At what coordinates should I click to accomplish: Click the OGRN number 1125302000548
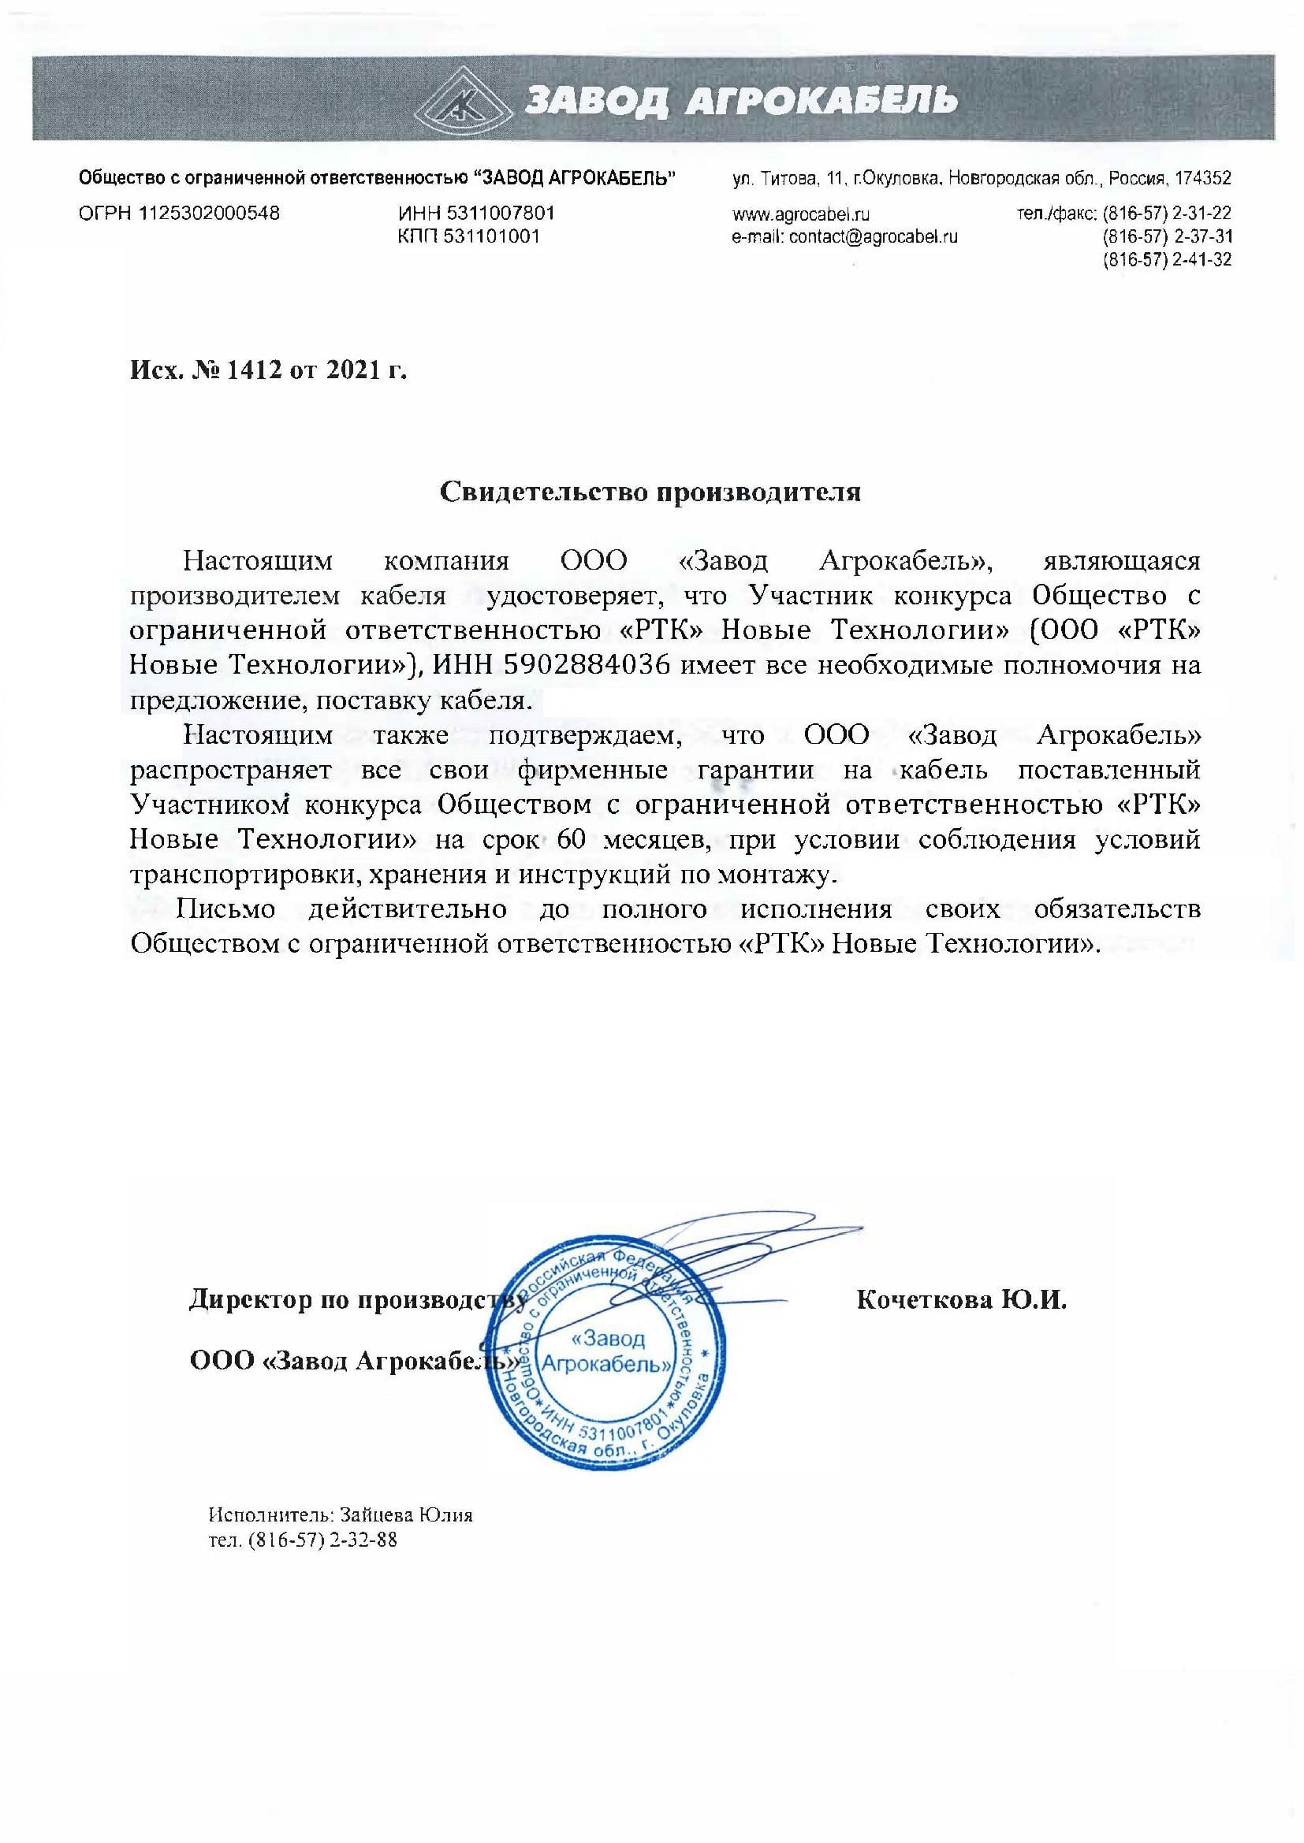pyautogui.click(x=210, y=214)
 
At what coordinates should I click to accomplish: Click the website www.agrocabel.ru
pyautogui.click(x=800, y=214)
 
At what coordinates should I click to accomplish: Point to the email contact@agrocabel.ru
pyautogui.click(x=874, y=237)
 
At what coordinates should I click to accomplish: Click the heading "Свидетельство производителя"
pyautogui.click(x=650, y=491)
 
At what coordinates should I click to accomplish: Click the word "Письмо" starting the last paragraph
pyautogui.click(x=228, y=909)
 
